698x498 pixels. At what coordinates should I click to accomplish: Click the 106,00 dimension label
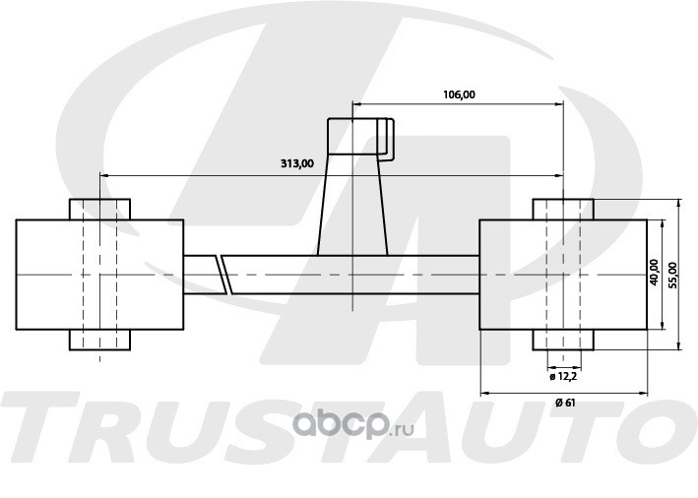(x=459, y=94)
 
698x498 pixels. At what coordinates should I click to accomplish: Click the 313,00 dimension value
(x=297, y=163)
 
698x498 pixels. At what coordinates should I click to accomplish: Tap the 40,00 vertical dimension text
(x=654, y=273)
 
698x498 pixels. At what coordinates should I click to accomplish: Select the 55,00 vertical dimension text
(x=672, y=275)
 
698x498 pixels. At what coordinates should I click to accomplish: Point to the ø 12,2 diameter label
(x=563, y=377)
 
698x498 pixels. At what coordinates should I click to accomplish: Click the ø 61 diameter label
(x=565, y=403)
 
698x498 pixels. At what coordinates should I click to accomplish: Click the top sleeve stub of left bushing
(x=99, y=210)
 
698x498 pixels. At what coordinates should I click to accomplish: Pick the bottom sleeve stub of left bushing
(x=99, y=340)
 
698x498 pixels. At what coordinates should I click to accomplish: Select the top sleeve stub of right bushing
(x=563, y=210)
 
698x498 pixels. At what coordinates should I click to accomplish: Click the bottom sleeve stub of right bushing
(x=563, y=340)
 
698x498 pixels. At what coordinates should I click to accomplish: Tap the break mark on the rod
(x=222, y=275)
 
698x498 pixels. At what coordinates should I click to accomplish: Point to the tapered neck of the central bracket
(x=352, y=205)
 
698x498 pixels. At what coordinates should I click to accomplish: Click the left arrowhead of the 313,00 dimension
(x=104, y=176)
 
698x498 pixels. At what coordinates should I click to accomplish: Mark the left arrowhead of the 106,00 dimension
(x=356, y=104)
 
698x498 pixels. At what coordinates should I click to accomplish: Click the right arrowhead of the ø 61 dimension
(x=643, y=393)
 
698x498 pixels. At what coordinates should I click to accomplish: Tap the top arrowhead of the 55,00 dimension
(x=678, y=204)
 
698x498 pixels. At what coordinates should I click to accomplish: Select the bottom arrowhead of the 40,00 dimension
(x=663, y=325)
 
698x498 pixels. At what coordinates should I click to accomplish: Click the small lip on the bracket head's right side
(x=390, y=139)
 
